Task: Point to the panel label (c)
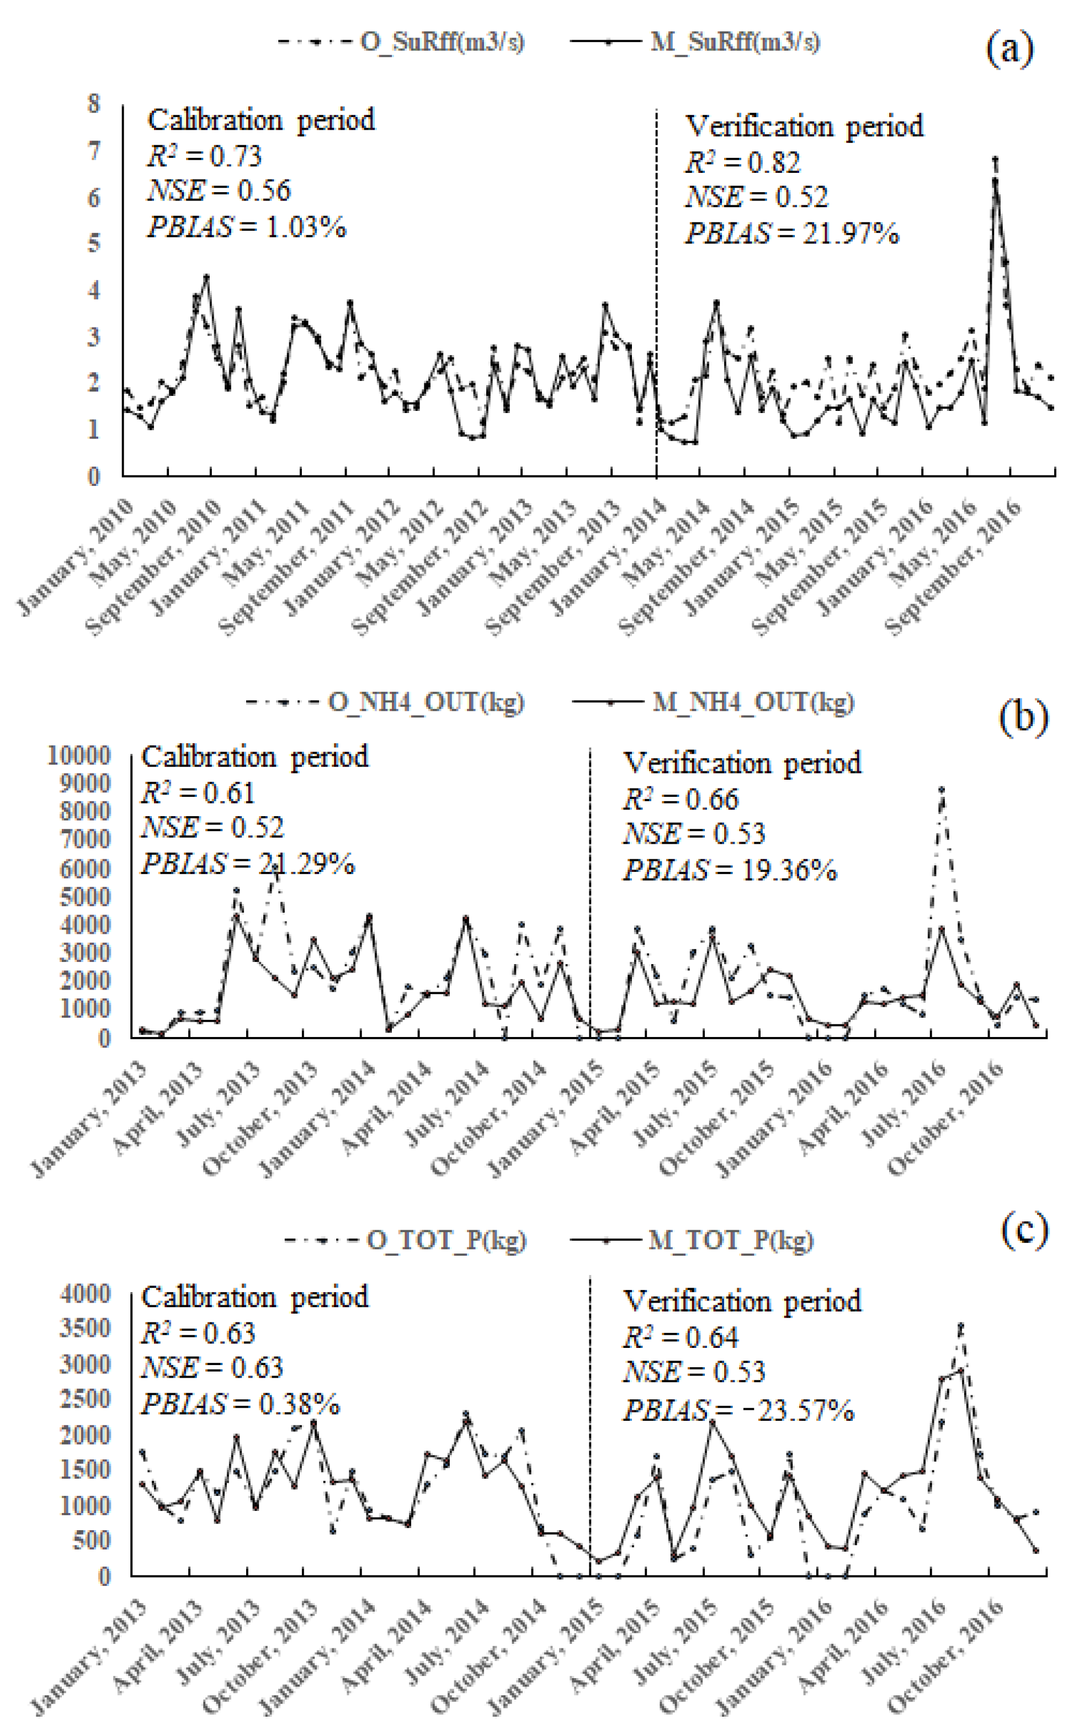pos(1025,1230)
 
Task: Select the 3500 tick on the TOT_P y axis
pos(86,1328)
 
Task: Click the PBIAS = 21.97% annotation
pos(792,234)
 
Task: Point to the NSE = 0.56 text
pos(219,191)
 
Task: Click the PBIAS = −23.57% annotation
pos(738,1410)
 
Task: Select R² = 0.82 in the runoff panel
pos(743,163)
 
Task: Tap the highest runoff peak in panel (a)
pos(995,160)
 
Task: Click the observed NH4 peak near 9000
pos(942,790)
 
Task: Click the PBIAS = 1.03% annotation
pos(247,227)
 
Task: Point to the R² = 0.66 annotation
pos(681,800)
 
